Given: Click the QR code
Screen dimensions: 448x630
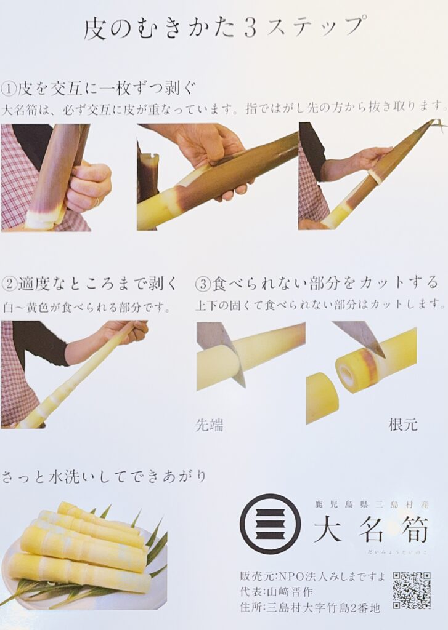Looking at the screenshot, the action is pyautogui.click(x=412, y=590).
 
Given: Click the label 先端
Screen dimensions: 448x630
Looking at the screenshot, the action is pyautogui.click(x=210, y=425).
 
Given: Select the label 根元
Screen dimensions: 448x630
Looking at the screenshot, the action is pyautogui.click(x=403, y=425).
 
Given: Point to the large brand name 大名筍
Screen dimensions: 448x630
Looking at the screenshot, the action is pyautogui.click(x=371, y=528).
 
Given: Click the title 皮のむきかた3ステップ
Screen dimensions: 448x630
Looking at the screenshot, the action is pyautogui.click(x=225, y=29).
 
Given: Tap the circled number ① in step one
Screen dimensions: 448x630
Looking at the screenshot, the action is pyautogui.click(x=9, y=89).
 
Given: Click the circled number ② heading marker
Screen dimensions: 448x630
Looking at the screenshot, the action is pyautogui.click(x=9, y=284).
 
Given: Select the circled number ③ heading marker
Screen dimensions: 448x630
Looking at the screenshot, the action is pyautogui.click(x=203, y=284).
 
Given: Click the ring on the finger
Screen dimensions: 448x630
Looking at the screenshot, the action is pyautogui.click(x=97, y=201).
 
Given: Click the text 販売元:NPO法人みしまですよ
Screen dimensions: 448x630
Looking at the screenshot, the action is pyautogui.click(x=312, y=576).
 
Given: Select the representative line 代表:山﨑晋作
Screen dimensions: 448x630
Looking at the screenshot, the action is pyautogui.click(x=276, y=591).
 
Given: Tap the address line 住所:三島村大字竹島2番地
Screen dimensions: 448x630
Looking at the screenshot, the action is pyautogui.click(x=310, y=607).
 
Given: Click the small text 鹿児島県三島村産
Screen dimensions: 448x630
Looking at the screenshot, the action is pyautogui.click(x=372, y=504).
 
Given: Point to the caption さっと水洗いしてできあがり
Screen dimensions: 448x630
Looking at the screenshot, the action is pyautogui.click(x=104, y=477).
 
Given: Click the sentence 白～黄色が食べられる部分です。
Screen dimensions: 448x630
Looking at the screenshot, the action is pyautogui.click(x=86, y=308).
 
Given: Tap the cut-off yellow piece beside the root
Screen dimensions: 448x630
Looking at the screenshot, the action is pyautogui.click(x=322, y=398).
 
